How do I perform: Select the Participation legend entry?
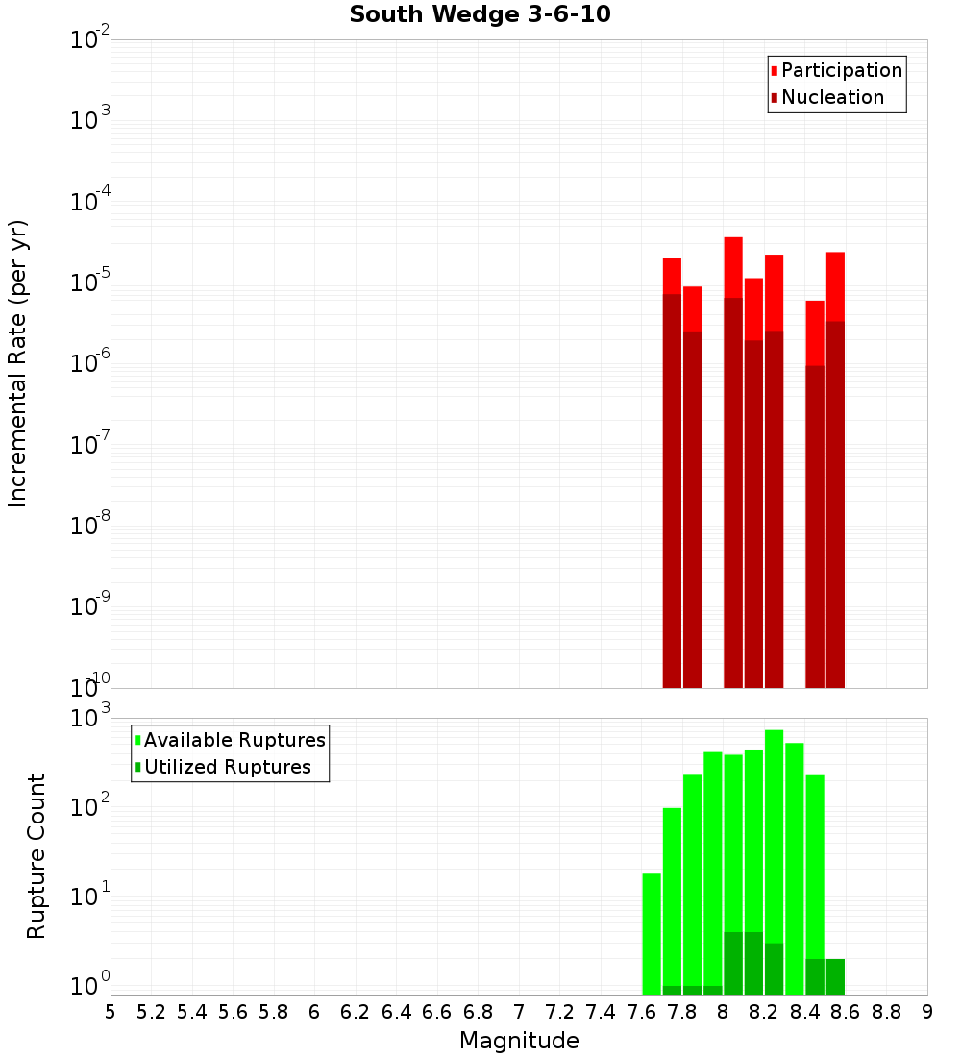click(x=842, y=70)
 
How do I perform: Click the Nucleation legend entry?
click(x=832, y=97)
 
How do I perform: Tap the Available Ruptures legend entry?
click(x=234, y=740)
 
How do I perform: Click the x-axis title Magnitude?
click(x=519, y=1041)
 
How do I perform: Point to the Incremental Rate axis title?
click(x=18, y=363)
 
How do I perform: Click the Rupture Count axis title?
click(x=37, y=856)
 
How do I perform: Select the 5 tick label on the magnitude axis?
click(x=111, y=1012)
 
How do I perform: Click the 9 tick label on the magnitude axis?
click(x=927, y=1012)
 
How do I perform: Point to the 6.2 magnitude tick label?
click(x=356, y=1012)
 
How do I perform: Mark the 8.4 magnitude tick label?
click(x=805, y=1012)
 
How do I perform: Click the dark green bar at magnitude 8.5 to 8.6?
click(x=835, y=976)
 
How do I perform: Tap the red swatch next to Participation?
click(x=774, y=71)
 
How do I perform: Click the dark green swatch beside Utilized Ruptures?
click(x=137, y=768)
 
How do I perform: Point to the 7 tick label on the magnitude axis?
click(x=519, y=1012)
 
